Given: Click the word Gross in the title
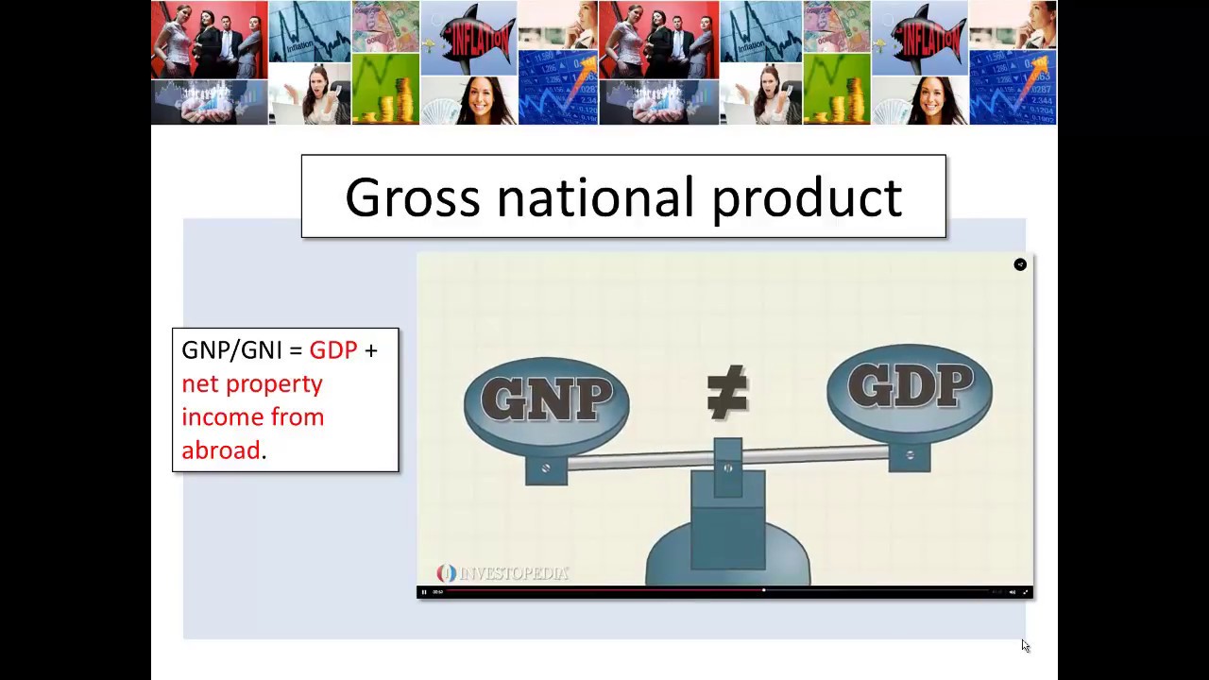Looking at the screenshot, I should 413,197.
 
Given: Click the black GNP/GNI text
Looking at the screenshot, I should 232,350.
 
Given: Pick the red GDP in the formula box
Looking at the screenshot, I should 333,350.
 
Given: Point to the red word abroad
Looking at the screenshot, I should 221,450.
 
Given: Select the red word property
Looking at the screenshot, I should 279,384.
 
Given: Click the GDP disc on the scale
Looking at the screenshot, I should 910,387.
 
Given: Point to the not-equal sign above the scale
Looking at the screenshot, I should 727,393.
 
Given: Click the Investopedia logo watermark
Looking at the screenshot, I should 503,573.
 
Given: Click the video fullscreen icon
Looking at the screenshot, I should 1026,592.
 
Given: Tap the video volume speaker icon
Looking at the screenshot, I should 1013,592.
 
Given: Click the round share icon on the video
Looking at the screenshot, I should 1020,264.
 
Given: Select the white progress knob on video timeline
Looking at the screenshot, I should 763,591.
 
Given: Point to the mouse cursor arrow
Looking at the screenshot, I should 1025,645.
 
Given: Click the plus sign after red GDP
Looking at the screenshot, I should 371,350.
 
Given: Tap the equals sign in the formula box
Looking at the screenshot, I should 296,350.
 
